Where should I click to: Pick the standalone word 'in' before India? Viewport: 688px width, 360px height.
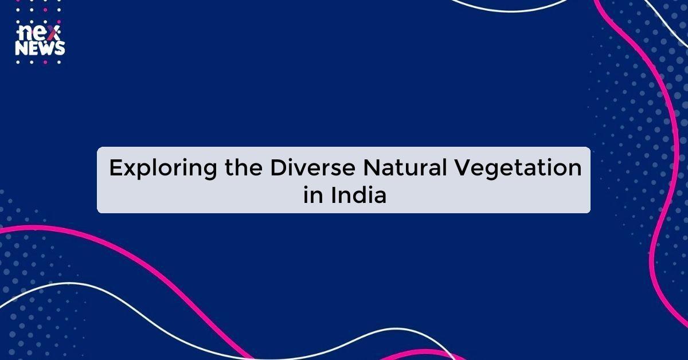(313, 195)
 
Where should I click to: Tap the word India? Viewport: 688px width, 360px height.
(359, 195)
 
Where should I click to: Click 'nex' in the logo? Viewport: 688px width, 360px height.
(37, 33)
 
